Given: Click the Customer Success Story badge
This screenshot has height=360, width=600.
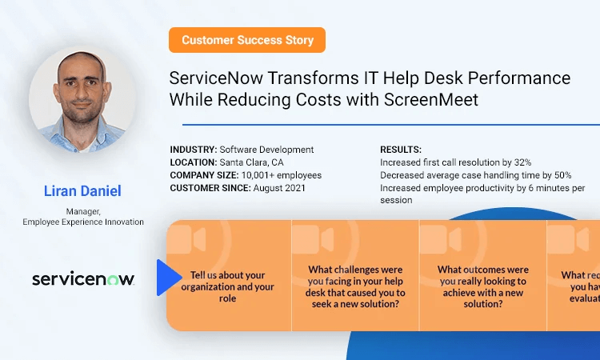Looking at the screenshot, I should click(247, 40).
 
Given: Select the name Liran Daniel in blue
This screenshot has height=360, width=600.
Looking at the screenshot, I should click(82, 191).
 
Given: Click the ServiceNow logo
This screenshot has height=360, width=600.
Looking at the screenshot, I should click(82, 278).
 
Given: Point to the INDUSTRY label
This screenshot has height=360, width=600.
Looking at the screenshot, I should click(193, 150).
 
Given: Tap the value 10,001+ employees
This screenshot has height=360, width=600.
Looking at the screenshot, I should click(282, 175).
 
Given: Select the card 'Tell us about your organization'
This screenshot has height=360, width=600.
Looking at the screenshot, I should click(228, 276).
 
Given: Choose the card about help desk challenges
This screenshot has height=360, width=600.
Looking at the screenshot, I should click(356, 276).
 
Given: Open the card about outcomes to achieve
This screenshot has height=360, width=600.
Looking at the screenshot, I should click(482, 276).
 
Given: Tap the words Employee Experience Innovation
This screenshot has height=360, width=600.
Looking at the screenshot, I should click(82, 222).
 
